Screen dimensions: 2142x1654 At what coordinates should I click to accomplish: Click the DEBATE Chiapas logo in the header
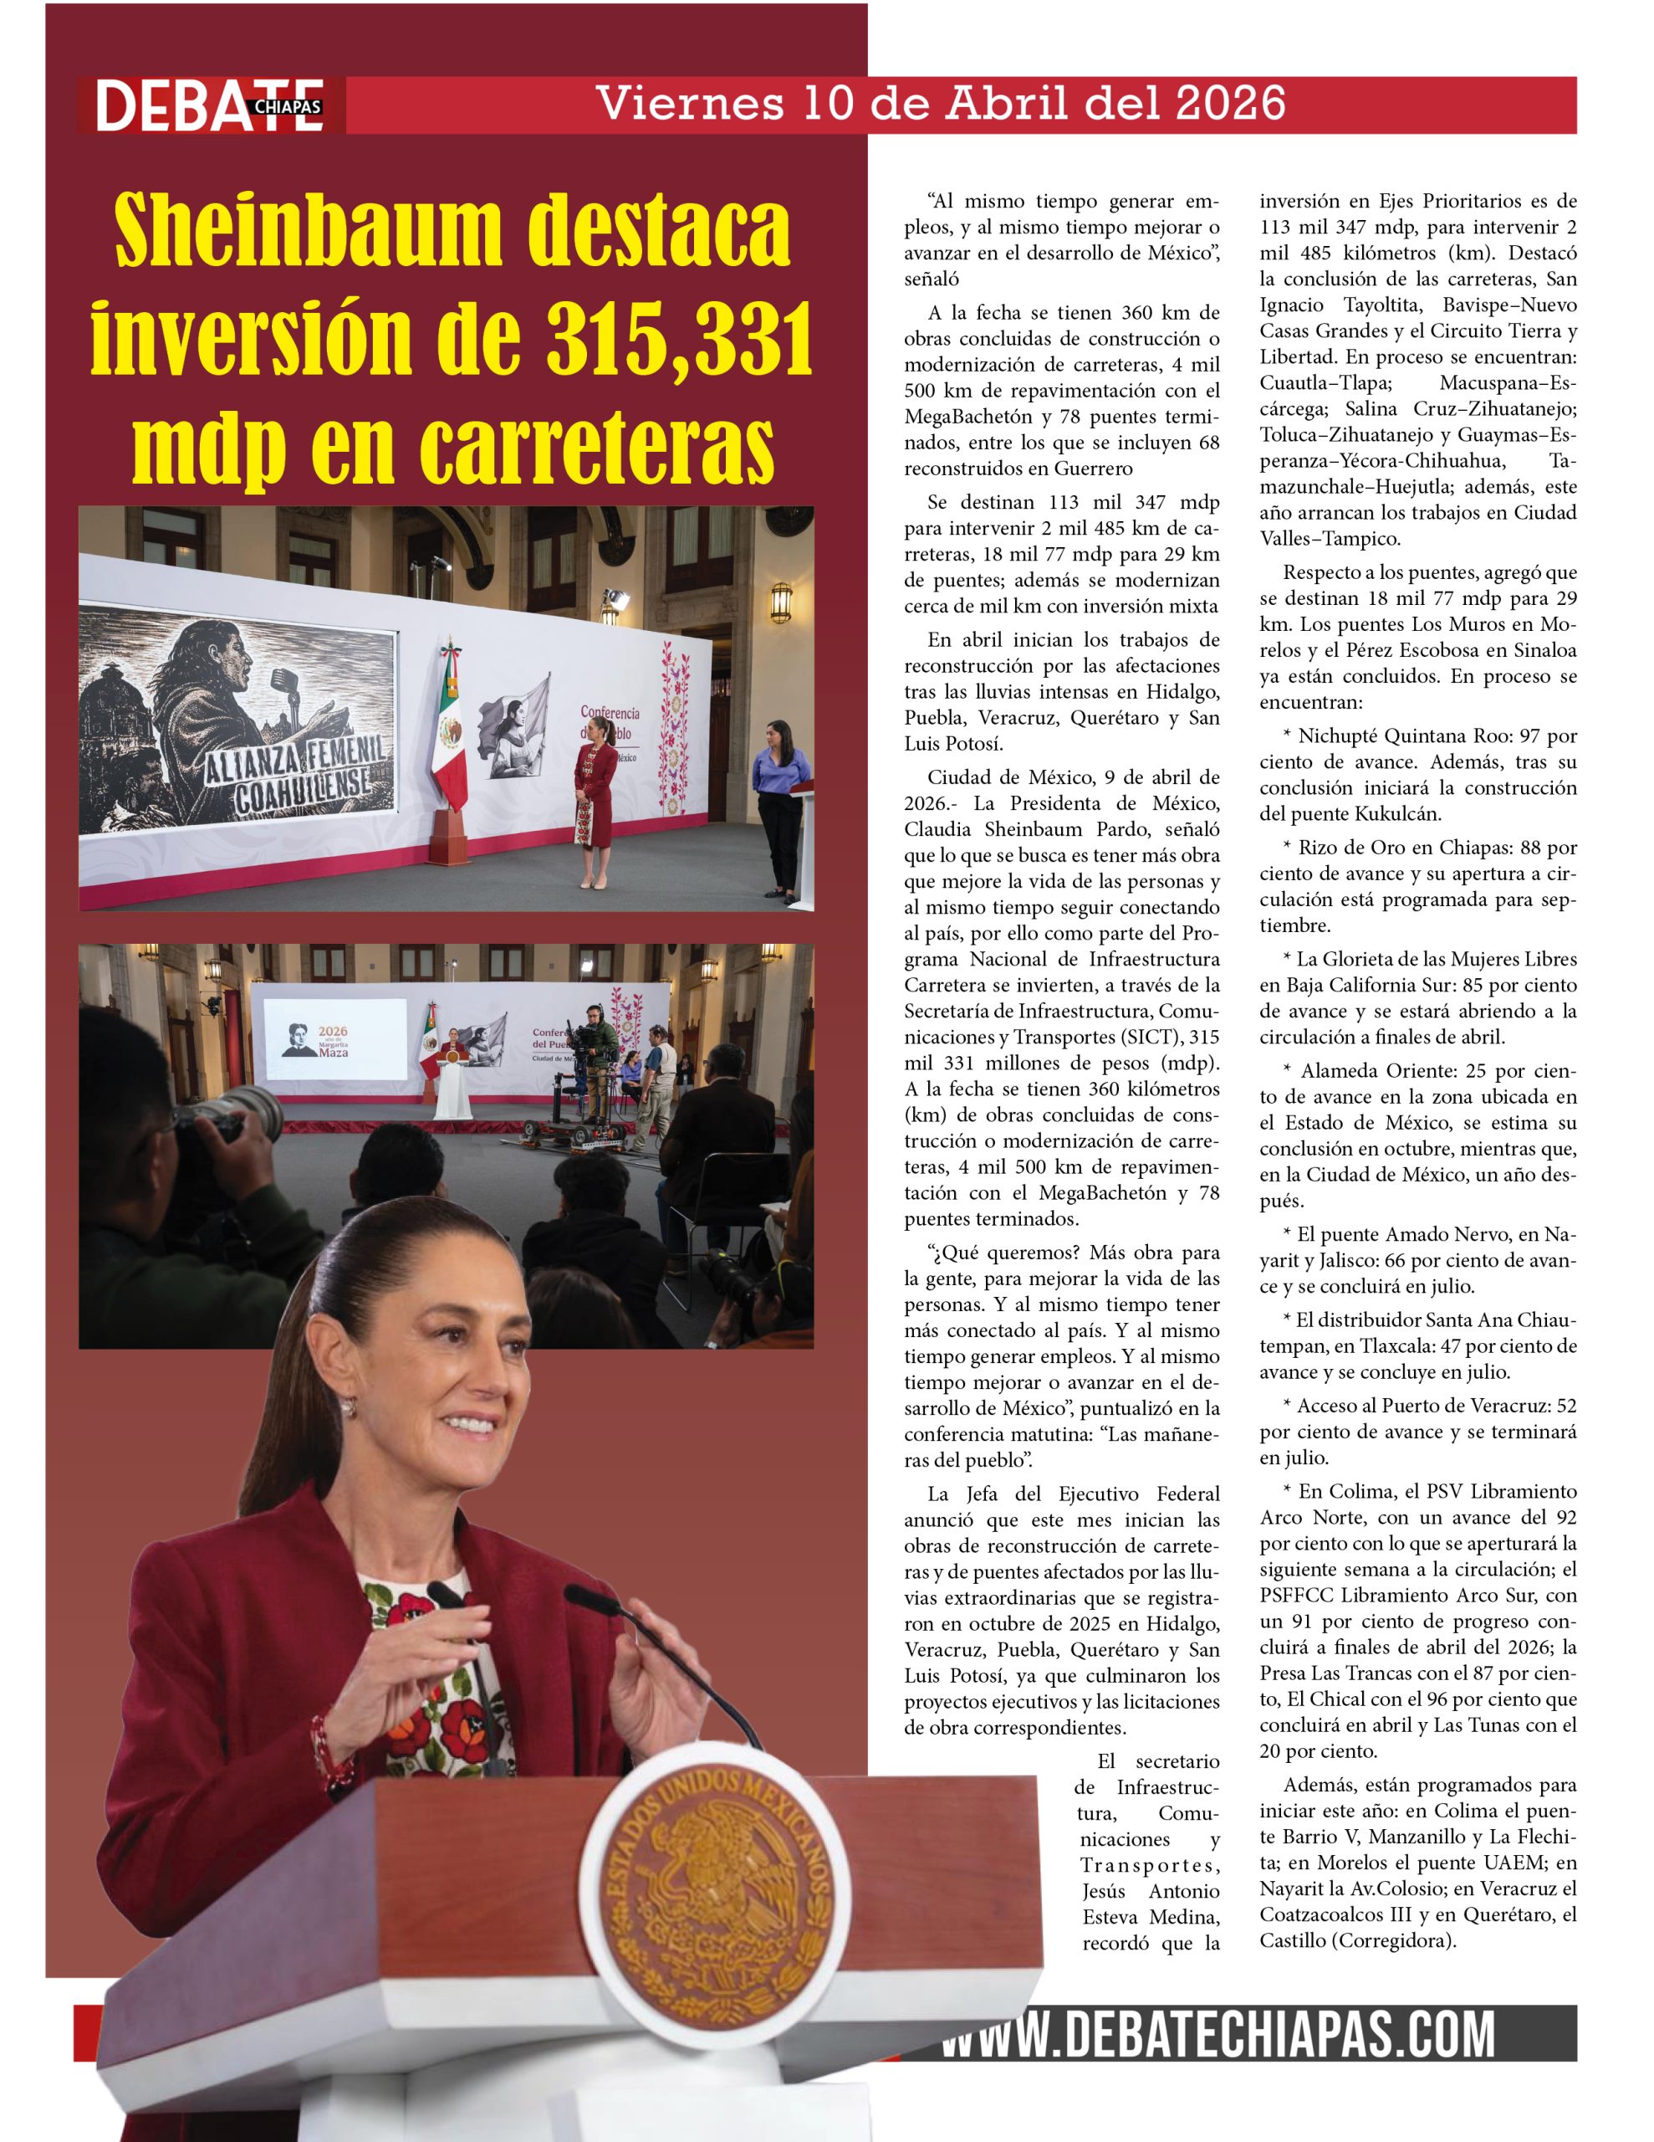tap(209, 105)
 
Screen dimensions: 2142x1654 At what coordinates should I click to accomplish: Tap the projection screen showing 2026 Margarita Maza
tap(335, 1042)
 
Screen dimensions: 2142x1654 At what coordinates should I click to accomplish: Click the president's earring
tap(347, 1409)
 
